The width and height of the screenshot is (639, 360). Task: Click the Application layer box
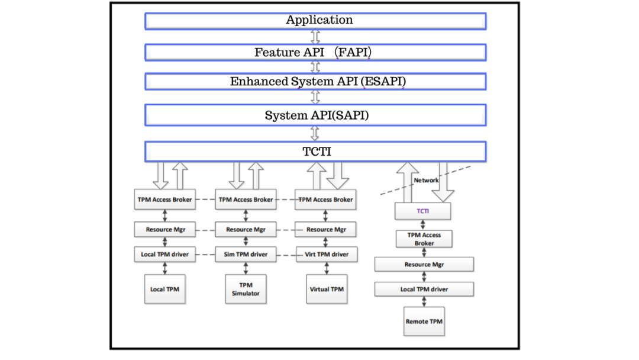click(315, 21)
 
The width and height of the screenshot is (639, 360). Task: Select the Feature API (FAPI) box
click(315, 53)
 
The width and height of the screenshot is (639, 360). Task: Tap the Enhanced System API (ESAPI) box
click(315, 82)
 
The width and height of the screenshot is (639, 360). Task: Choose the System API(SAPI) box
click(315, 115)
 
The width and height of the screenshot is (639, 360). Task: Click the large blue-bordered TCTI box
click(315, 152)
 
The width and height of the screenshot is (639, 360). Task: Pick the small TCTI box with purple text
click(422, 211)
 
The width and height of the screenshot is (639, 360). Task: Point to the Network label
click(426, 180)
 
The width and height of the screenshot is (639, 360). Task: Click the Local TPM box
click(164, 289)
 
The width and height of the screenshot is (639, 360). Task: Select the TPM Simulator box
click(246, 289)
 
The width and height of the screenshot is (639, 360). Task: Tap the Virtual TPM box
click(327, 289)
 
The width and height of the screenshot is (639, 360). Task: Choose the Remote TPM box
click(424, 322)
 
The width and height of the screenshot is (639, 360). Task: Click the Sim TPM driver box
click(246, 255)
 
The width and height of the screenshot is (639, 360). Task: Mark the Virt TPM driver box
click(327, 255)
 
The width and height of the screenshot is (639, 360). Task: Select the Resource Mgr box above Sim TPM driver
click(246, 229)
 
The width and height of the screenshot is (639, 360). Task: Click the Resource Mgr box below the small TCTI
click(424, 264)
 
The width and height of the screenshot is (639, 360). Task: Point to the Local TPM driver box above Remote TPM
click(424, 289)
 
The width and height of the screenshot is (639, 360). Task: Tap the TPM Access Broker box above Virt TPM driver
click(326, 200)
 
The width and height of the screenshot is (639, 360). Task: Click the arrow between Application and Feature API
click(315, 37)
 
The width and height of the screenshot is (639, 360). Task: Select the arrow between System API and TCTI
click(315, 133)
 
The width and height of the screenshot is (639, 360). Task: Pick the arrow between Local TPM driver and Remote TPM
click(424, 301)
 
